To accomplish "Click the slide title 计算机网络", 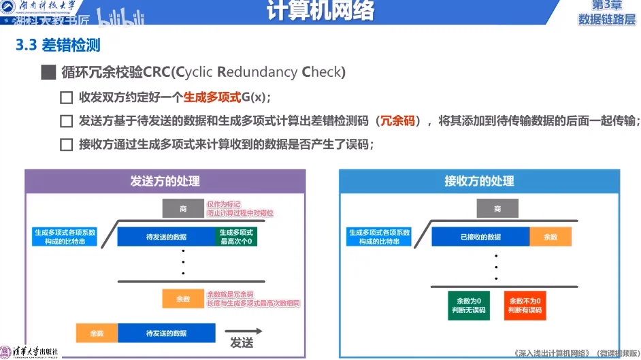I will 320,12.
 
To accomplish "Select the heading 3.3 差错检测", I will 58,46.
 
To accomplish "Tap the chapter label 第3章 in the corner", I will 606,6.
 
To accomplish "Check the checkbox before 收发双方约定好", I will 66,97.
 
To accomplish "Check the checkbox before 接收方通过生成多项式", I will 66,145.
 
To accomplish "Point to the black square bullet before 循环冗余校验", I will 47,72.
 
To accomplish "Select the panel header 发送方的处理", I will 165,181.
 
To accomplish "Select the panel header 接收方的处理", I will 479,181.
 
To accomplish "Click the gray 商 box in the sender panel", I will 183,209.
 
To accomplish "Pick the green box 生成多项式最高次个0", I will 235,237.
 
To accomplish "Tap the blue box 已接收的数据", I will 480,237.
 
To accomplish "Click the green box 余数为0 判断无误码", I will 468,305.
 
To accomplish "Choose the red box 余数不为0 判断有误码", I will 525,305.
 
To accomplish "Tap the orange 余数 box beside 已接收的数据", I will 550,237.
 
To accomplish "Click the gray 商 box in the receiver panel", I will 497,209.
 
